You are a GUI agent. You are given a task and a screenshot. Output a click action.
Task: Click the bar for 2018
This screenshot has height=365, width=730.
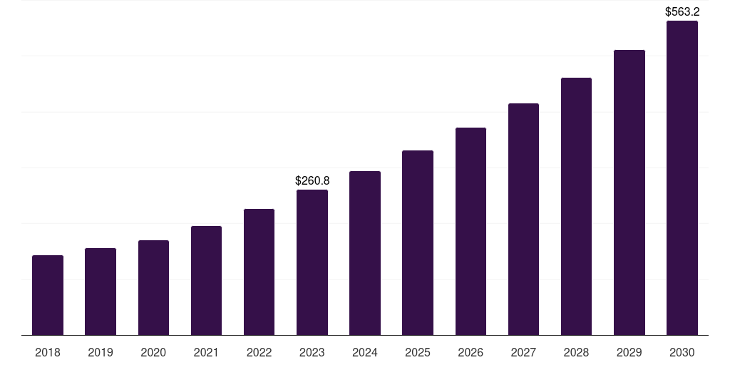(48, 295)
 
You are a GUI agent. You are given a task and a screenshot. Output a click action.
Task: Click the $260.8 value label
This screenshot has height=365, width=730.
(312, 181)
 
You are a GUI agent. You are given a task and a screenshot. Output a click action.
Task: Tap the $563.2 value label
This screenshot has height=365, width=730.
(682, 11)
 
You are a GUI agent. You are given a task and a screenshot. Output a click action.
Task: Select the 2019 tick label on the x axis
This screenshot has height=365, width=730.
(101, 352)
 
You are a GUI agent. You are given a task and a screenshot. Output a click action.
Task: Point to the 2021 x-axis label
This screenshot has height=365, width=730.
(206, 352)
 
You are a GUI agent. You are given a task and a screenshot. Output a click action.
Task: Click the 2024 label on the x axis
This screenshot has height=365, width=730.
(365, 352)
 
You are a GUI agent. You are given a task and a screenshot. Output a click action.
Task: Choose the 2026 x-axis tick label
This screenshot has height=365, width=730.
(471, 352)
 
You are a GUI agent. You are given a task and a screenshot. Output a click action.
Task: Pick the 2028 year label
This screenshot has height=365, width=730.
(576, 352)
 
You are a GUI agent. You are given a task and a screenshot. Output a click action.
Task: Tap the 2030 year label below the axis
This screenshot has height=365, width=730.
(682, 352)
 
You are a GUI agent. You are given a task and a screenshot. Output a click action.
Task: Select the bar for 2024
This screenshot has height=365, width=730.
(365, 253)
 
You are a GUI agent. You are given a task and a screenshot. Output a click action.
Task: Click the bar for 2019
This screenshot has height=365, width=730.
(101, 292)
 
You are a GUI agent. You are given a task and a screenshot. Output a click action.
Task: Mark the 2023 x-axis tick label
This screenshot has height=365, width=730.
(312, 352)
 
